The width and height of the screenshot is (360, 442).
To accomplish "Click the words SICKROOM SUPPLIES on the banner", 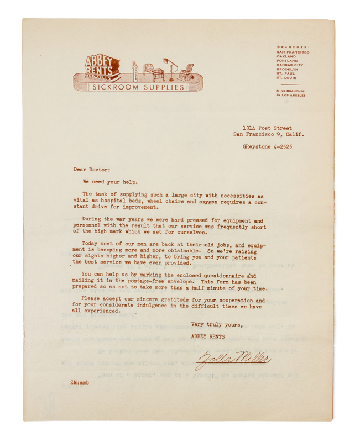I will [138, 87].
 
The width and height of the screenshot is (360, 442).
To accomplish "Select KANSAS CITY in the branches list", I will [290, 65].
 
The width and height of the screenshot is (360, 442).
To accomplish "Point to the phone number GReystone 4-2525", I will [267, 146].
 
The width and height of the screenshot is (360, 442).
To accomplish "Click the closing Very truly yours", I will [217, 324].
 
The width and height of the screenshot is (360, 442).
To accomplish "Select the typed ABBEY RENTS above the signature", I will [208, 336].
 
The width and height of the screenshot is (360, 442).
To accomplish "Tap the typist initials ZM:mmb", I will [80, 382].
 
